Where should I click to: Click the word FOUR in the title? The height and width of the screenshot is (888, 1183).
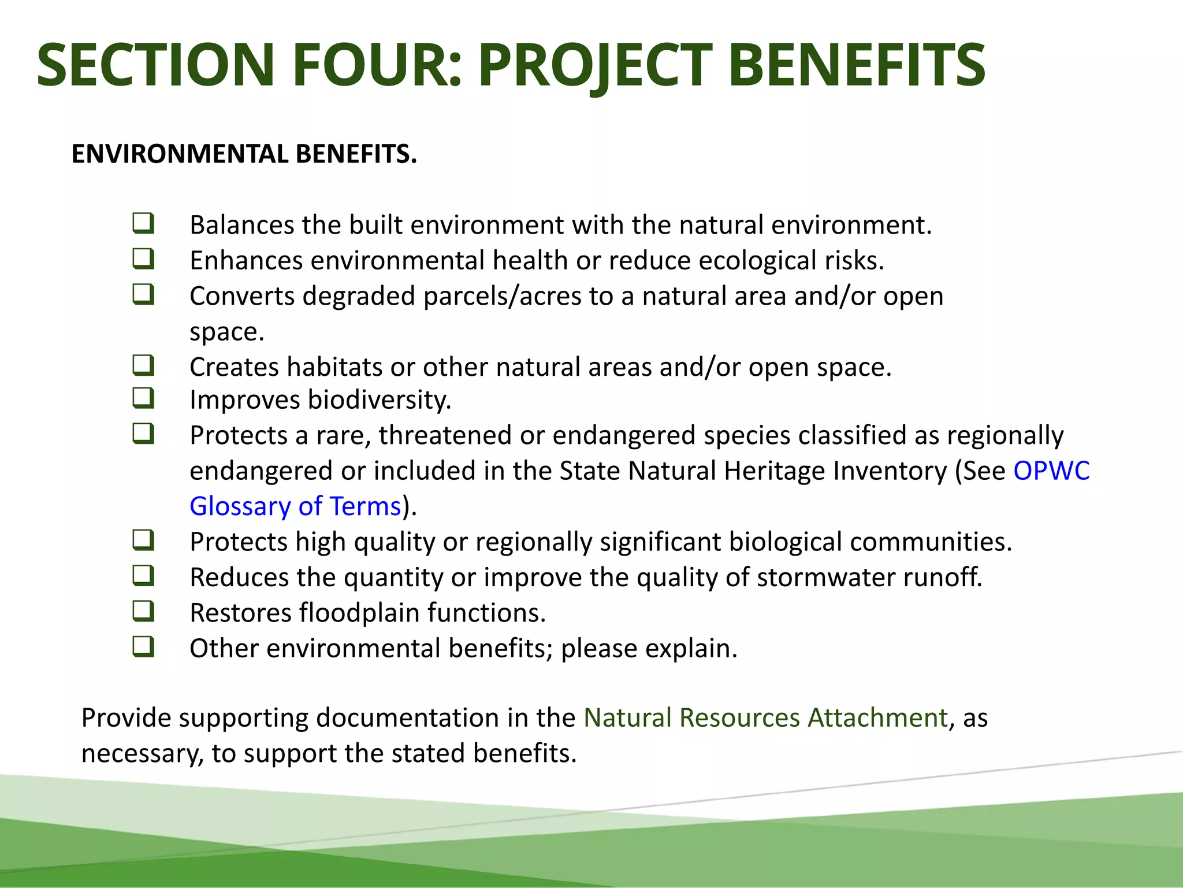tap(376, 65)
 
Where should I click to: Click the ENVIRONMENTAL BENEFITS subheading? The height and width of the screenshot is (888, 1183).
tap(244, 154)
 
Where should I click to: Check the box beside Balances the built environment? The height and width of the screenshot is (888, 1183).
tap(143, 223)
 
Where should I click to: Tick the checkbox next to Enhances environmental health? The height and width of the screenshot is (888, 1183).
tap(143, 258)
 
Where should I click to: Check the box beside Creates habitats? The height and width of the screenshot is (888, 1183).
tap(143, 365)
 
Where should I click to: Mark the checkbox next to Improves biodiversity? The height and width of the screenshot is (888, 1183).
tap(143, 398)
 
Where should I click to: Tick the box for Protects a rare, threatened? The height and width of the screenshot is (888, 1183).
tap(143, 433)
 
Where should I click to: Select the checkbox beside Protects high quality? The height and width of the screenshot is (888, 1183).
tap(143, 540)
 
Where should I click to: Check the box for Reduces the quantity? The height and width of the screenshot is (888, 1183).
tap(143, 575)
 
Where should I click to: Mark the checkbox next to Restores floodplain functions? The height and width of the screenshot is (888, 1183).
tap(143, 610)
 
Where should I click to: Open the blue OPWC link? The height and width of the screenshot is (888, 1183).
tap(1051, 471)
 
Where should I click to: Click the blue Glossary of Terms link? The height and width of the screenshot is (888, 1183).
tap(295, 506)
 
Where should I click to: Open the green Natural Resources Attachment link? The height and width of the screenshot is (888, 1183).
tap(765, 718)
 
